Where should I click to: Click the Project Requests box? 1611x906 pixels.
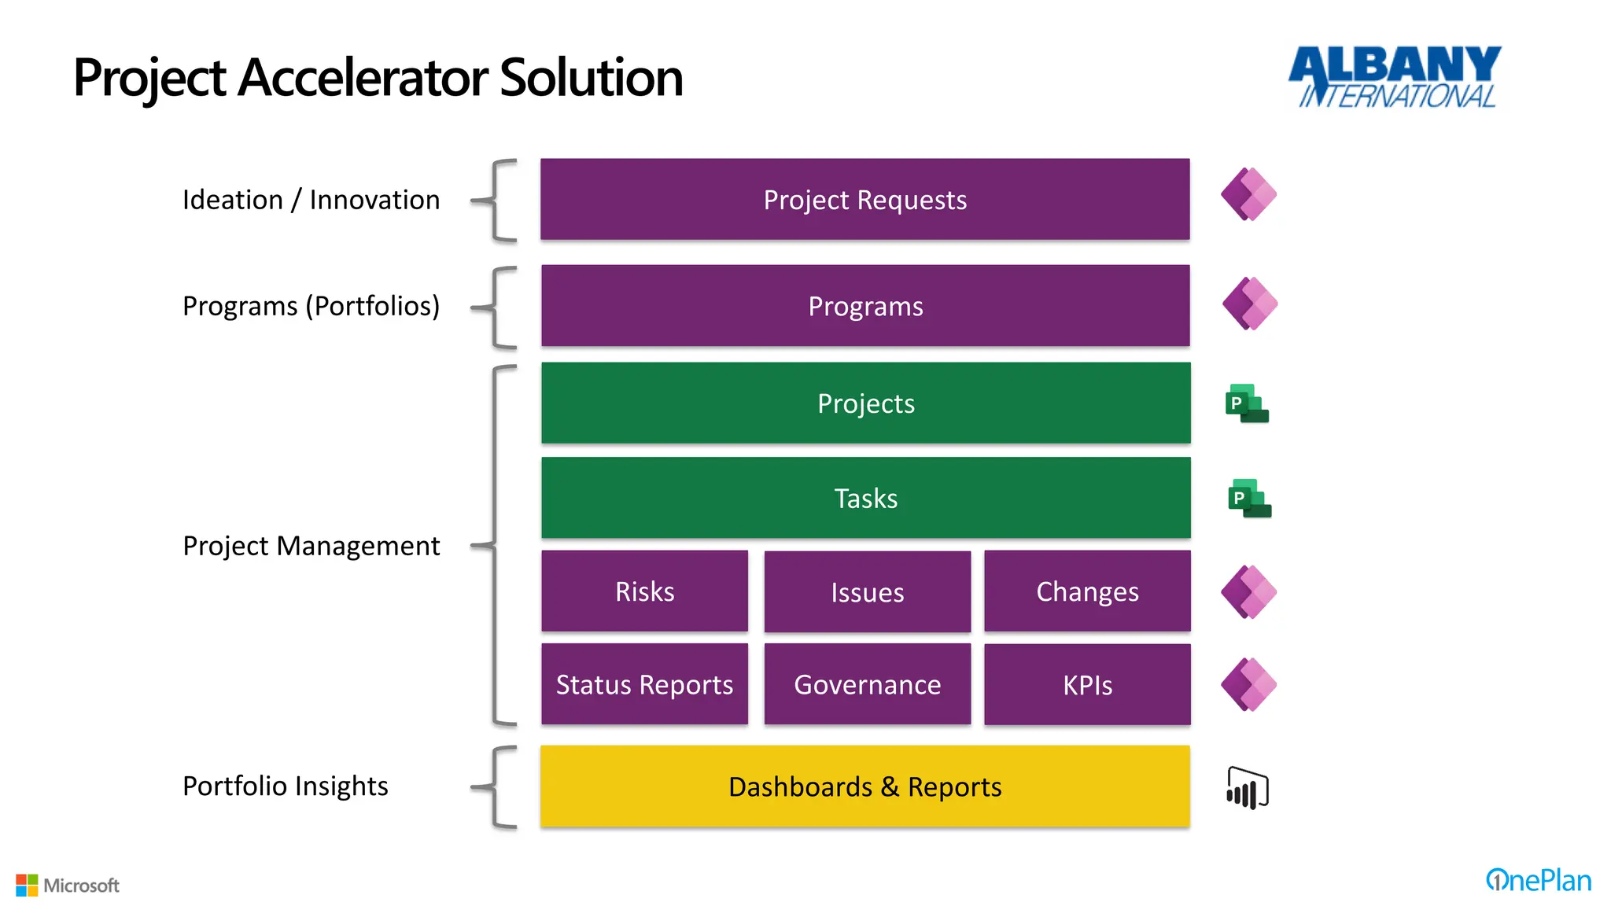tap(864, 200)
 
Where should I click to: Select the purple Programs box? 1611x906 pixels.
tap(865, 306)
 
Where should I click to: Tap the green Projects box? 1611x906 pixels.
tap(865, 403)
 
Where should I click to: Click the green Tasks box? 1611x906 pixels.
tap(865, 498)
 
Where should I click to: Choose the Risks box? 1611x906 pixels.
tap(644, 591)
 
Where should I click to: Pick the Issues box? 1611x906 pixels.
tap(867, 592)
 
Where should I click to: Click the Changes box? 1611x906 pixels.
tap(1087, 591)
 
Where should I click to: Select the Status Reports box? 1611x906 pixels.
tap(644, 684)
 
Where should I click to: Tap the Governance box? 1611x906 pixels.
tap(867, 684)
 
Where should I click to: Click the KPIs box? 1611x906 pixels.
tap(1087, 685)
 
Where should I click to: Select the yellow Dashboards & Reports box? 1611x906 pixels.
tap(864, 786)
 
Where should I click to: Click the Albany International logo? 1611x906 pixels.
tap(1395, 76)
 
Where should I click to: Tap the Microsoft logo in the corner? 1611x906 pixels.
tap(68, 886)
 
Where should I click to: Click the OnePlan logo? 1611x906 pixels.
tap(1538, 880)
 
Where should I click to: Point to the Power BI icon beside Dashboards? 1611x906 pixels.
tap(1248, 788)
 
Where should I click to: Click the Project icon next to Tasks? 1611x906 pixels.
tap(1249, 499)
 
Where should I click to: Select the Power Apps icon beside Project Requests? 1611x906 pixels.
tap(1248, 194)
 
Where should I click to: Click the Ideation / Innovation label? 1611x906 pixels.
tap(311, 200)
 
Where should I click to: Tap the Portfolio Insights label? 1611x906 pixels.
tap(285, 786)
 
